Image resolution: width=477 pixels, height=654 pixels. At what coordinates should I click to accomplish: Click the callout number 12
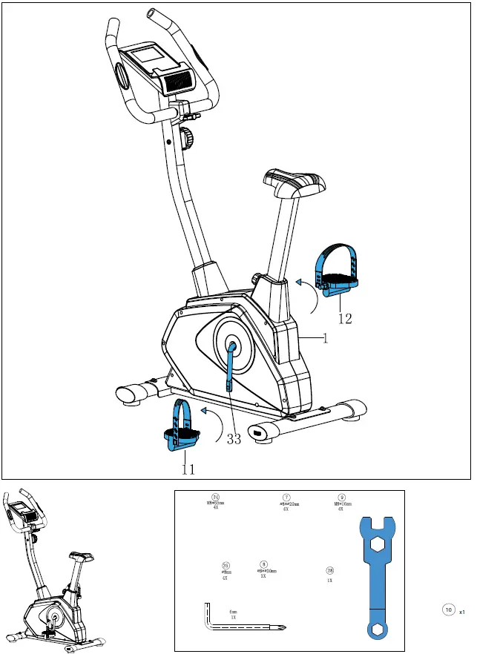pyautogui.click(x=345, y=320)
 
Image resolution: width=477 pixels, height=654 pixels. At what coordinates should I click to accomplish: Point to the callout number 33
pyautogui.click(x=234, y=439)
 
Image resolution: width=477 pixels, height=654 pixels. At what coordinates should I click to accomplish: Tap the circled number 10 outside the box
pyautogui.click(x=447, y=610)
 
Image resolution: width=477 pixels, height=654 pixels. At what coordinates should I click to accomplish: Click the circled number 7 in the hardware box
pyautogui.click(x=286, y=498)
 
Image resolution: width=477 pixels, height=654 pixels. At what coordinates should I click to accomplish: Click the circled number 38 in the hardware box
pyautogui.click(x=329, y=570)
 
